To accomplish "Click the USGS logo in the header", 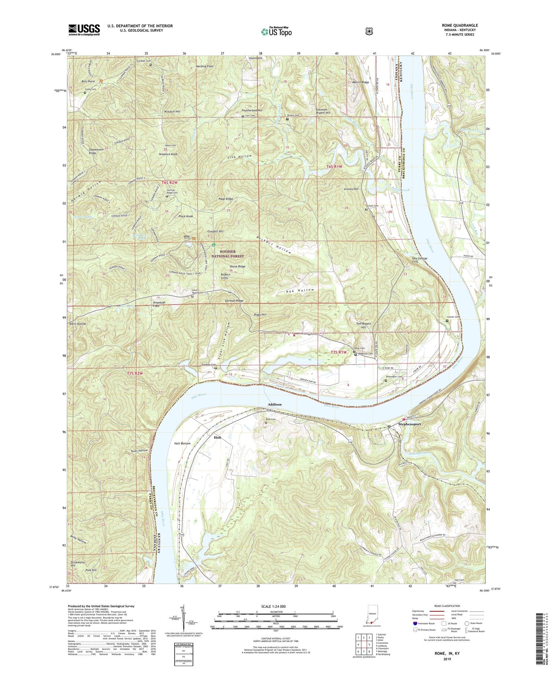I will point(84,29).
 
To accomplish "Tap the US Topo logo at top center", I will point(276,32).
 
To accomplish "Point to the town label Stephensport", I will point(411,424).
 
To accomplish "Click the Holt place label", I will point(218,437).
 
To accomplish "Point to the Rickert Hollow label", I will point(273,245).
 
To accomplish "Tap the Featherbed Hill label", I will point(251,111).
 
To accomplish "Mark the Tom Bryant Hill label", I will point(364,325).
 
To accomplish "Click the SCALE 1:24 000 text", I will point(276,606).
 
